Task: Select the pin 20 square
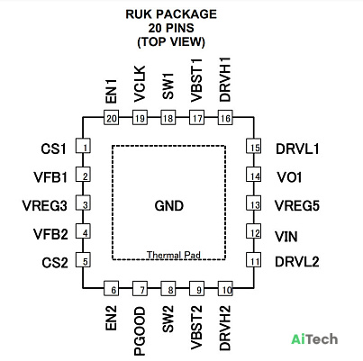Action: [111, 117]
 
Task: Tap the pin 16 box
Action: [225, 117]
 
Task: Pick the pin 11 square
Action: [254, 260]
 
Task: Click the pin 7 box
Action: [140, 289]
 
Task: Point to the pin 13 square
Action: [254, 203]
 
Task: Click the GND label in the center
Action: [169, 206]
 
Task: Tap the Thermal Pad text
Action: [174, 255]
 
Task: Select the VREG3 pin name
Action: [44, 206]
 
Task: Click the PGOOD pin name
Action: [140, 331]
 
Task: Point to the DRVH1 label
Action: [225, 79]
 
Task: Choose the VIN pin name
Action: [286, 237]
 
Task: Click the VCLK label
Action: [140, 84]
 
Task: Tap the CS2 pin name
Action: [55, 263]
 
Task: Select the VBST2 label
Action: [196, 328]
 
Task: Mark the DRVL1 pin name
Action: [297, 149]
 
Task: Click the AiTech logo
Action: [314, 339]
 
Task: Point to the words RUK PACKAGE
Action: [171, 14]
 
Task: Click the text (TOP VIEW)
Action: [171, 41]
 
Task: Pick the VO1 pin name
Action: [289, 177]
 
